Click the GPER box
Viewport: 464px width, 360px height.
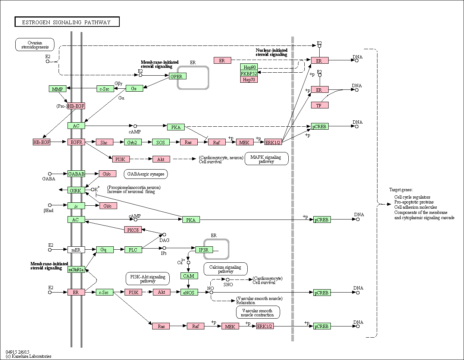[x=178, y=76]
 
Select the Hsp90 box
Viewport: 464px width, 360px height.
[x=249, y=67]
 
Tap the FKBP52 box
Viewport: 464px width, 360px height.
[x=249, y=73]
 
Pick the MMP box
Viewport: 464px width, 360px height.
[x=58, y=89]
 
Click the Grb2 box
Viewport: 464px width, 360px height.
[x=133, y=142]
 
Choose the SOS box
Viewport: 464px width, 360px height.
[x=161, y=142]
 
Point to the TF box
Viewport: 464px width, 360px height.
[x=320, y=105]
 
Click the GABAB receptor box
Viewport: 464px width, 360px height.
[x=76, y=174]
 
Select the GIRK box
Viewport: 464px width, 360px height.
[x=76, y=190]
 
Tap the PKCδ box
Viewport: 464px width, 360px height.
[x=133, y=230]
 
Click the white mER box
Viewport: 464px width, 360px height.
[x=76, y=250]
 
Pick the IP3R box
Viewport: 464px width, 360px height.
[x=204, y=250]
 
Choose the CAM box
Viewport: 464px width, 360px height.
[x=189, y=276]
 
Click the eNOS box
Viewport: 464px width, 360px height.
[x=189, y=292]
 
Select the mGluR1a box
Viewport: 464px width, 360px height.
[x=76, y=269]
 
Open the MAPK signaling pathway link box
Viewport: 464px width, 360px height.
[x=266, y=159]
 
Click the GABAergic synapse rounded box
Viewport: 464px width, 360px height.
[x=146, y=174]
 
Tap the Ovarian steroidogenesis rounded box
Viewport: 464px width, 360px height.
[x=35, y=45]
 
